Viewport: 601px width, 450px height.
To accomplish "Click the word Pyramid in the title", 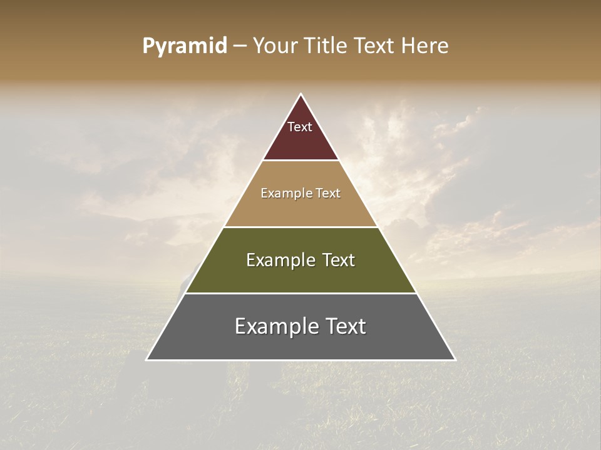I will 184,46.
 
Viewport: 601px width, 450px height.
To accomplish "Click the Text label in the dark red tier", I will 300,127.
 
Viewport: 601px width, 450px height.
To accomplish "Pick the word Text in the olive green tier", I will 339,260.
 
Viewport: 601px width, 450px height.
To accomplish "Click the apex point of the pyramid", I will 300,94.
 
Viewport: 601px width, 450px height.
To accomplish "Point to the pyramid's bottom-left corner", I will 147,359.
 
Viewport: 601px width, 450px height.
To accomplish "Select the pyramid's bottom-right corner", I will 455,359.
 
